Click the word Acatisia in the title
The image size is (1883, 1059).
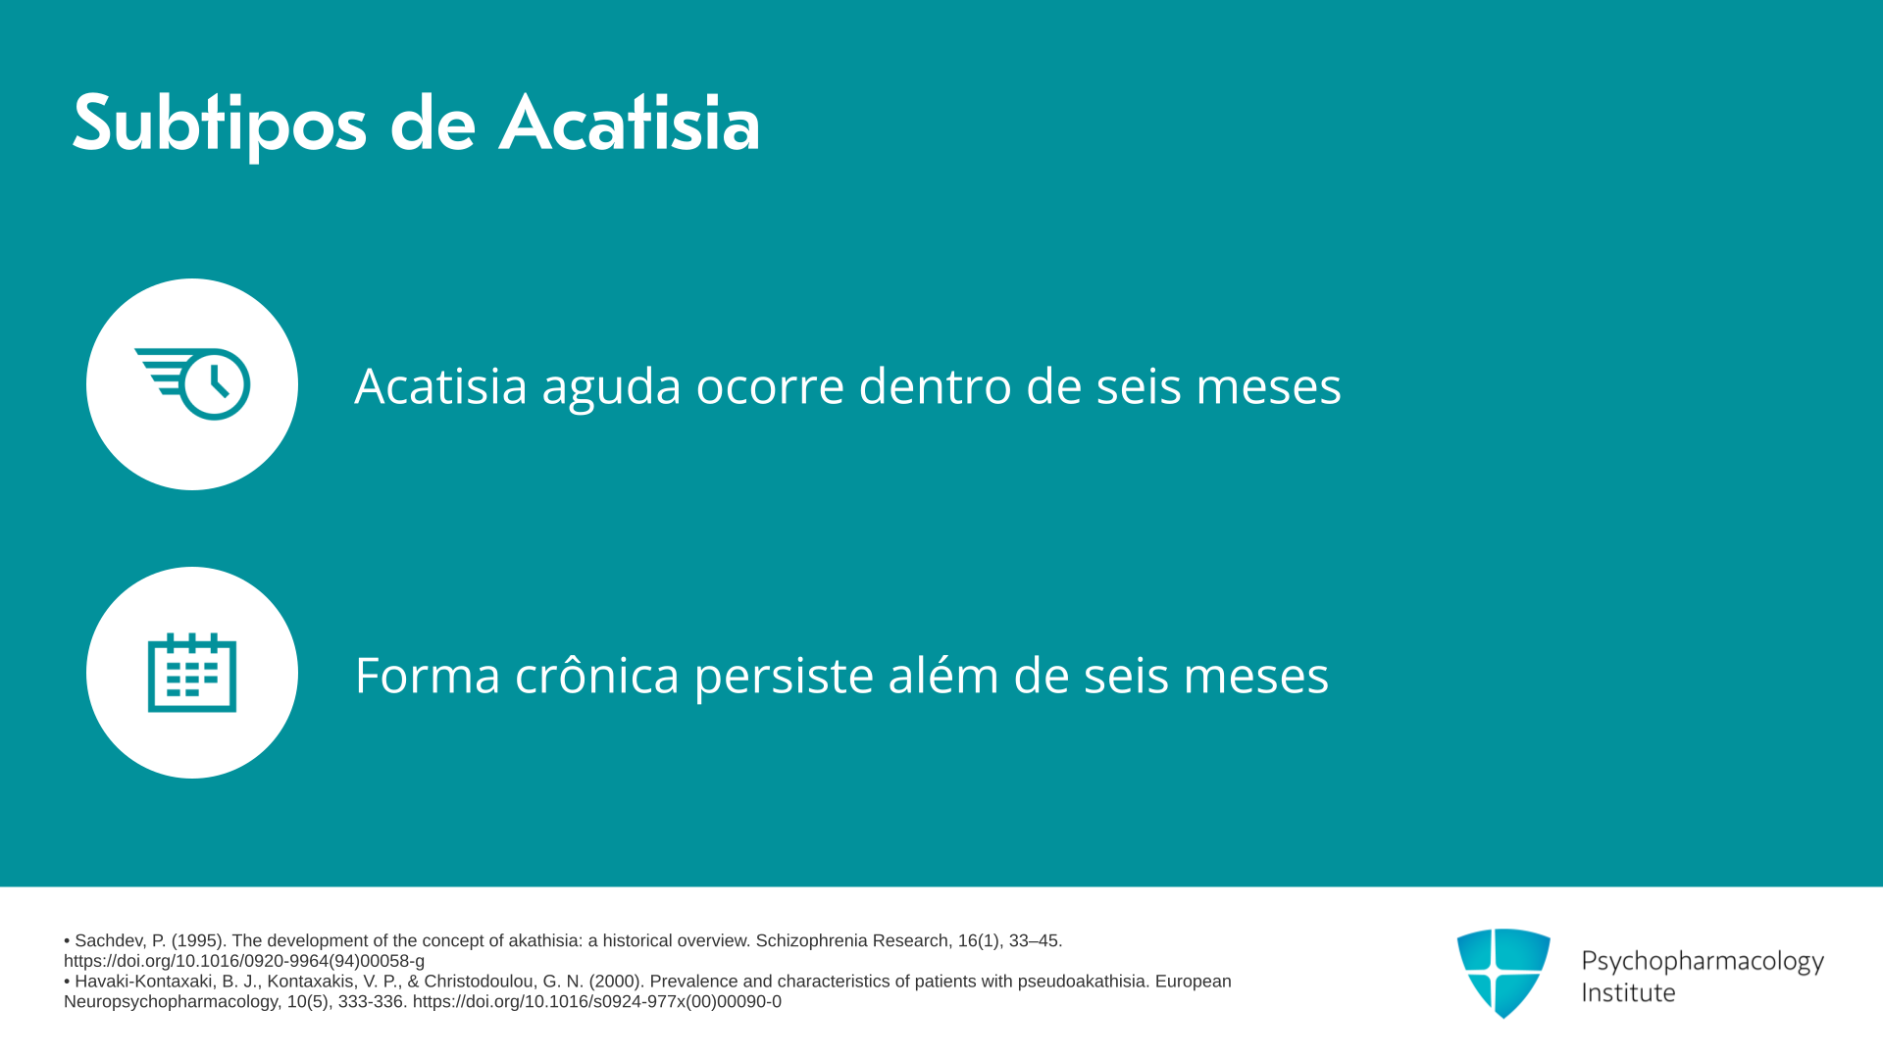(x=630, y=124)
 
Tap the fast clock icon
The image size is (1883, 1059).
(x=192, y=383)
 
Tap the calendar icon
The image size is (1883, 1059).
(x=192, y=672)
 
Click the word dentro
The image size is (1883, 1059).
(x=936, y=385)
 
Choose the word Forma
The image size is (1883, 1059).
(x=428, y=676)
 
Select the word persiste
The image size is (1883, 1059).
(x=784, y=677)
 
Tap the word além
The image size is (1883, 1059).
(x=943, y=674)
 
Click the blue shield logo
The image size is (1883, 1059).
(x=1503, y=973)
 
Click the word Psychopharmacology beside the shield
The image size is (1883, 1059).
(x=1703, y=962)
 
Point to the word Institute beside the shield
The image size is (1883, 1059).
(x=1628, y=992)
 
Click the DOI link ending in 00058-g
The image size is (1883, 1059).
(x=244, y=962)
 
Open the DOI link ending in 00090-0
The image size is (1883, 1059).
(x=597, y=1002)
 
